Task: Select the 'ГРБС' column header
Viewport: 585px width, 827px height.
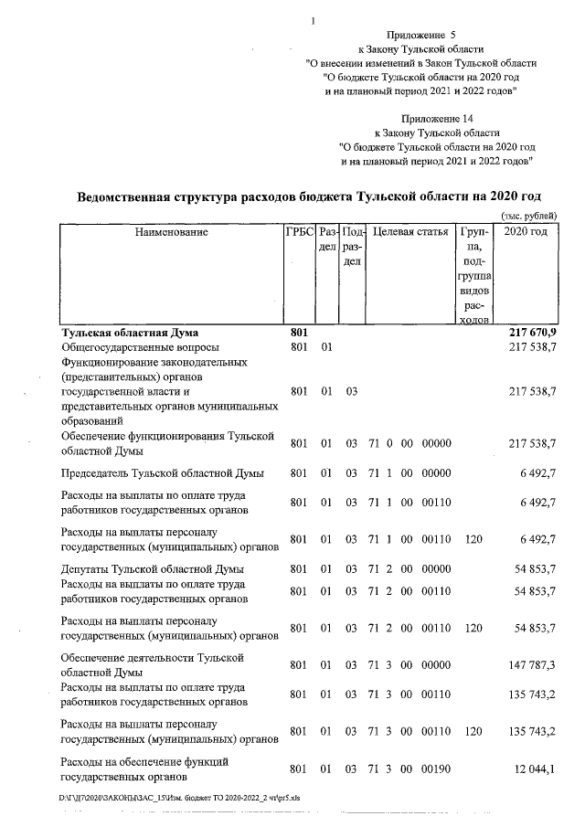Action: (300, 233)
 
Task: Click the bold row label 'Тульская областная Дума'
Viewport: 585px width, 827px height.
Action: (129, 333)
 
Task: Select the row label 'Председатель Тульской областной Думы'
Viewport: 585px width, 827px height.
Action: (162, 472)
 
